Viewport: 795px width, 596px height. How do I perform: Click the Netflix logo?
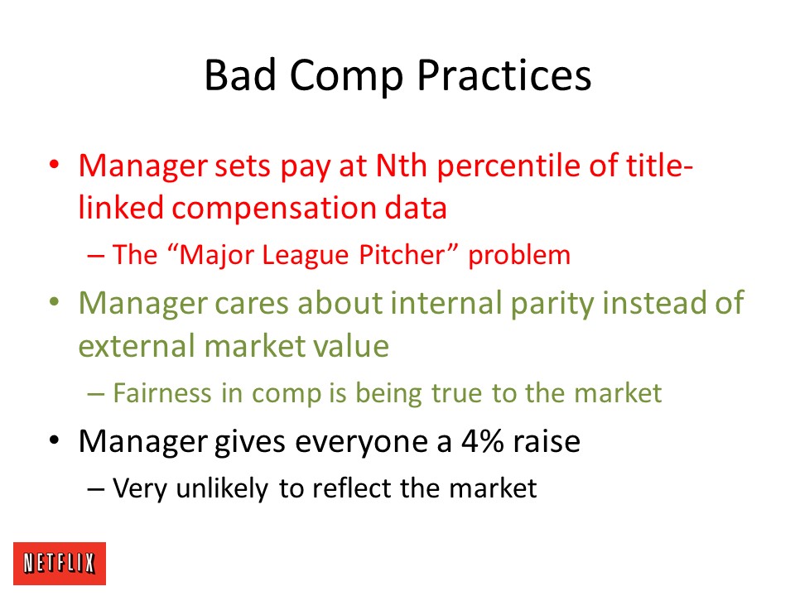[60, 563]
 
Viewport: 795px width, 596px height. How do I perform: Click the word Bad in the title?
[240, 75]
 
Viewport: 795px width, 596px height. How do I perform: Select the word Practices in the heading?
[504, 75]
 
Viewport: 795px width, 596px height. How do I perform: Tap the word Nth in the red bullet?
[401, 166]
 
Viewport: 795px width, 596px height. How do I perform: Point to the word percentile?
[508, 167]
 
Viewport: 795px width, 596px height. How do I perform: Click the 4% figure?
[482, 441]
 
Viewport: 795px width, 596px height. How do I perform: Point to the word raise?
[547, 441]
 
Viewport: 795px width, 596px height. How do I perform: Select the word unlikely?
[222, 489]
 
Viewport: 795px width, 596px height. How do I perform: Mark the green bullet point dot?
[55, 302]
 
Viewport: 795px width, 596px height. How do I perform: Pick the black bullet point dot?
[55, 440]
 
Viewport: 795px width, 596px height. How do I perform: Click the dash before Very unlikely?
[96, 489]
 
